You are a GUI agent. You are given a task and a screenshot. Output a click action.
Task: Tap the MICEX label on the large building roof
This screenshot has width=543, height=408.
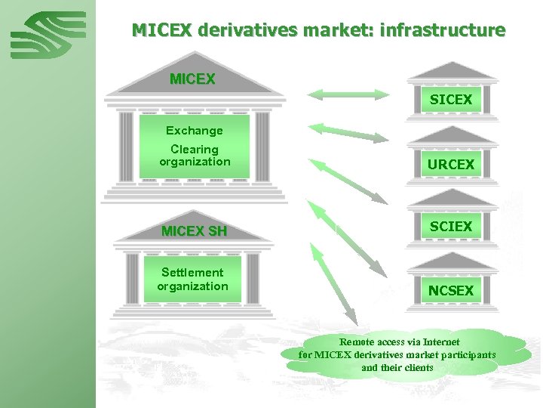pyautogui.click(x=192, y=79)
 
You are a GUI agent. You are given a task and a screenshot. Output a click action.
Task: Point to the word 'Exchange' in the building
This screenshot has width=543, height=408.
pyautogui.click(x=195, y=131)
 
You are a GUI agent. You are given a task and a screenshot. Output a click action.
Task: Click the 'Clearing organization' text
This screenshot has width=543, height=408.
pyautogui.click(x=195, y=156)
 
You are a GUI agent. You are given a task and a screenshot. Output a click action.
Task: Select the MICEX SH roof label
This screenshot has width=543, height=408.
pyautogui.click(x=194, y=231)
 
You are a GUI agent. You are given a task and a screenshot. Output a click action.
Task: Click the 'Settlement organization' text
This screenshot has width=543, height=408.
pyautogui.click(x=192, y=279)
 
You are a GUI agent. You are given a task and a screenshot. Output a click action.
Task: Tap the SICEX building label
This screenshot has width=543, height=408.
pyautogui.click(x=451, y=100)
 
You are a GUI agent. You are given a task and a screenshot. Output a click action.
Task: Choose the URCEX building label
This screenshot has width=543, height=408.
pyautogui.click(x=451, y=164)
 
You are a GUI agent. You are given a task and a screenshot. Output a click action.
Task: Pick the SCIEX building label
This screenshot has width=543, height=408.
pyautogui.click(x=451, y=227)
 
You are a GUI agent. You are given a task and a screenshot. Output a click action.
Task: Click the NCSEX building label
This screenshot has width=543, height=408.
pyautogui.click(x=451, y=290)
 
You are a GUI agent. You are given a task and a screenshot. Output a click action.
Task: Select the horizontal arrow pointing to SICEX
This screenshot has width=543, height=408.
pyautogui.click(x=348, y=94)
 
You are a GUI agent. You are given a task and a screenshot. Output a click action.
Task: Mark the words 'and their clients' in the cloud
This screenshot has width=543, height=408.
pyautogui.click(x=397, y=367)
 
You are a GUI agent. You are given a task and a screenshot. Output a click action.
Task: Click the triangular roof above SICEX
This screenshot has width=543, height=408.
pyautogui.click(x=451, y=71)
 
